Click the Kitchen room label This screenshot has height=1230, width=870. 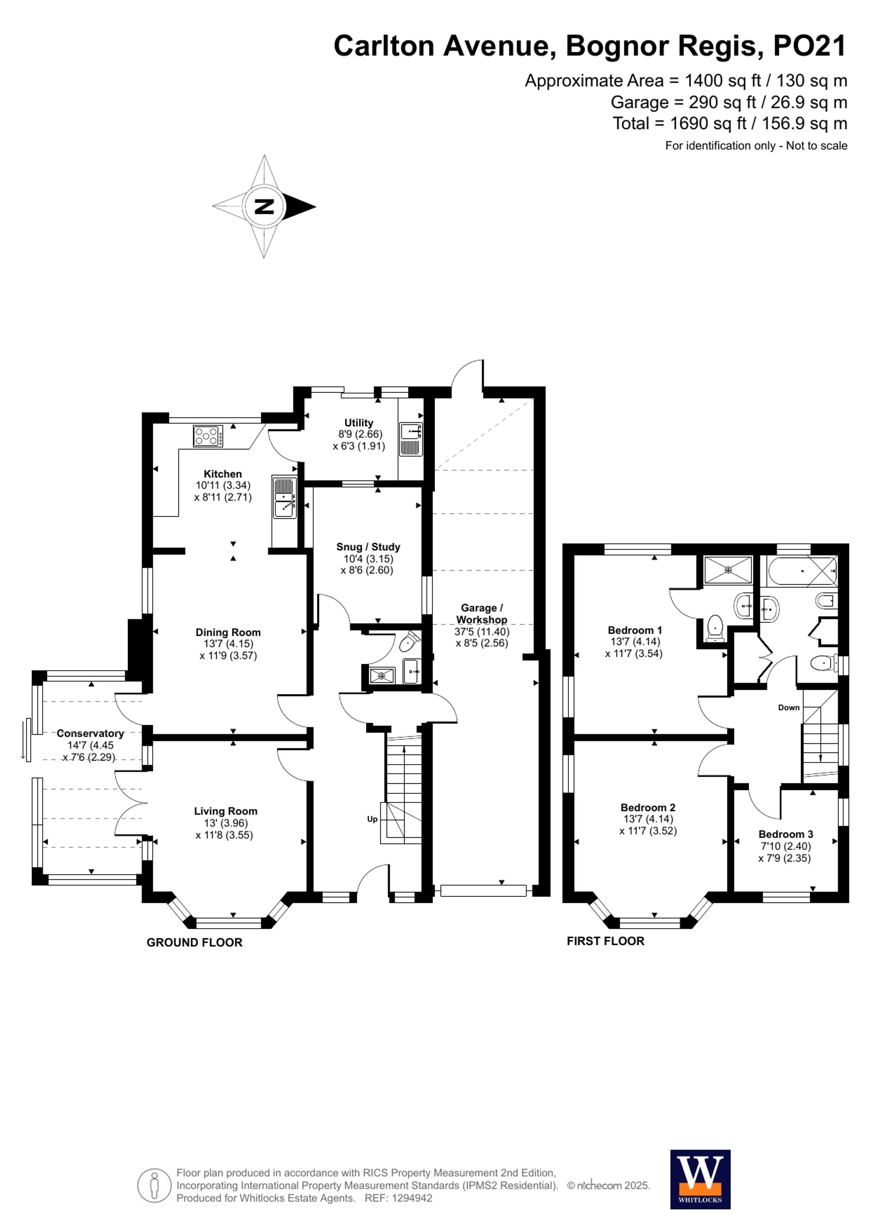coord(222,474)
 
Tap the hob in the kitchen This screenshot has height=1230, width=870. coord(208,436)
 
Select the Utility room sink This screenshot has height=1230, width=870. coord(411,431)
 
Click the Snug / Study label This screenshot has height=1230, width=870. coord(368,547)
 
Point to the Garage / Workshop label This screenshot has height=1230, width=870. coord(482,613)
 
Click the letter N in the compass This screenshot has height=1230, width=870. coord(264,207)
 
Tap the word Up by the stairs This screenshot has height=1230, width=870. coord(372,819)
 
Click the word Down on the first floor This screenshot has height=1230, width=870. coord(789,708)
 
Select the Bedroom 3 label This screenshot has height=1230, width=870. coord(785,834)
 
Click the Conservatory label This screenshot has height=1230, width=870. coord(90,733)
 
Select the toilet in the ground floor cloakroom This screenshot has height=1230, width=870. coord(409,641)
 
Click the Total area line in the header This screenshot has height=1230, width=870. coord(729,124)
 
